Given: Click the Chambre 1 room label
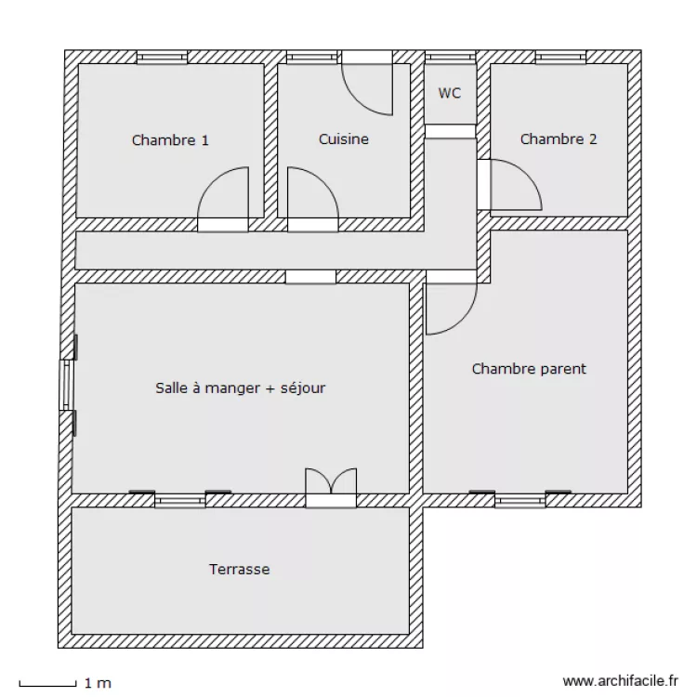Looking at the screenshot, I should tap(170, 140).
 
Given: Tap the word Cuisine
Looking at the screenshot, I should tap(344, 139).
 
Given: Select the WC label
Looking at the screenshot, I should tap(450, 93).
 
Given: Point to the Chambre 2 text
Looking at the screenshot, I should tap(559, 139).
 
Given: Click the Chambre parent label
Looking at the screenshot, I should tap(529, 369).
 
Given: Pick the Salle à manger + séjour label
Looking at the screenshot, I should tap(240, 388).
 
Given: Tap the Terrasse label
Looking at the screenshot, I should tap(239, 569).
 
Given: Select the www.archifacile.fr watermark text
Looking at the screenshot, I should tap(623, 682).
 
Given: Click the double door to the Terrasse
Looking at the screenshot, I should tap(331, 488).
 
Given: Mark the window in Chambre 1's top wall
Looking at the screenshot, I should tap(162, 58).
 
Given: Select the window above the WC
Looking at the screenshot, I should tap(451, 58).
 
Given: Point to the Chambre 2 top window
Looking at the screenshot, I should tap(560, 58).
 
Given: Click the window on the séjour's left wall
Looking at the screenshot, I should tap(66, 385).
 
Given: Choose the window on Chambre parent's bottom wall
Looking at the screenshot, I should tap(519, 501).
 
